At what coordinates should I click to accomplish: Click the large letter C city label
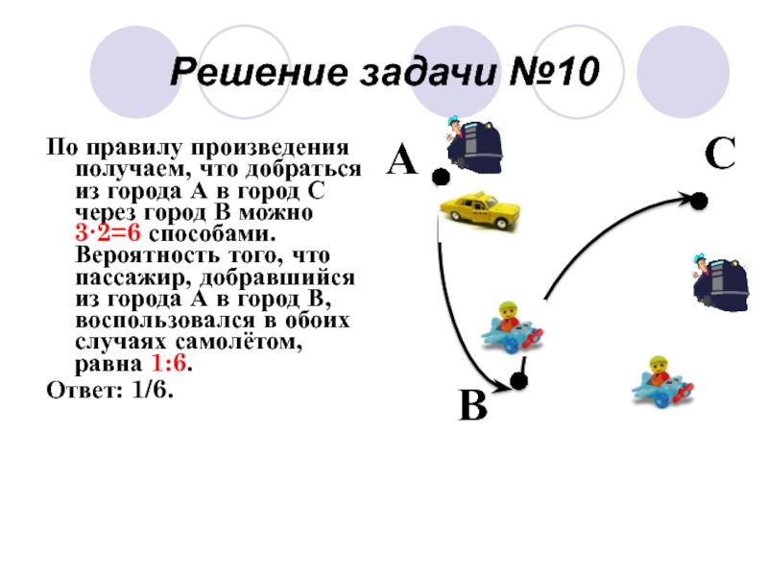tap(719, 155)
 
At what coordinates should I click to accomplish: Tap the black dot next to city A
tap(440, 178)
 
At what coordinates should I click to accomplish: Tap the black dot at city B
tap(518, 382)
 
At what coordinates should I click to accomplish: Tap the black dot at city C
tap(700, 201)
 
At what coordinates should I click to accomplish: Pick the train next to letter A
tap(475, 145)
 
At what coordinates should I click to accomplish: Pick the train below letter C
tap(719, 281)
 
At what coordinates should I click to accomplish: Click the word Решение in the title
tap(247, 72)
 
